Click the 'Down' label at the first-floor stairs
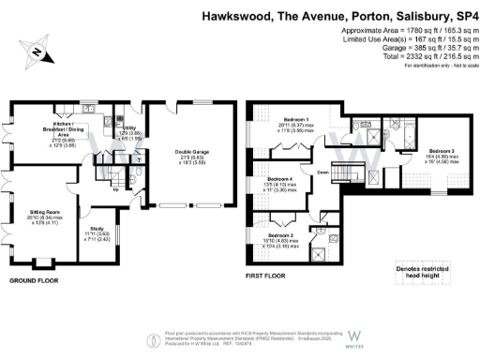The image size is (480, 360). tap(321, 172)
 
